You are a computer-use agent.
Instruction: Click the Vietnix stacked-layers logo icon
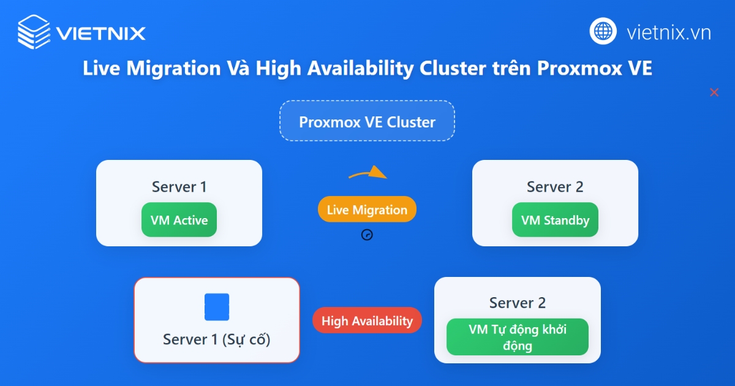[33, 31]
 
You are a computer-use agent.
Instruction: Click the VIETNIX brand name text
[100, 32]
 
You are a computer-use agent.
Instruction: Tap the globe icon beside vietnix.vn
[603, 31]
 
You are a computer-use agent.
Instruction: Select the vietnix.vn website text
[668, 32]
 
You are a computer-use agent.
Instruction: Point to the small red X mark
[714, 93]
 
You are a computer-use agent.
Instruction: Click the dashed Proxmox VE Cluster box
[367, 121]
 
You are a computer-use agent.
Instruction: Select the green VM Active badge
[179, 220]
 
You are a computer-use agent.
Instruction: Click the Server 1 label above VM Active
[179, 187]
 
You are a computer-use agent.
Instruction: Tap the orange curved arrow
[369, 173]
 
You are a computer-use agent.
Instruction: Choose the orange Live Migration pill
[367, 210]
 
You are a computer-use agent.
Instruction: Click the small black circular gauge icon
[367, 235]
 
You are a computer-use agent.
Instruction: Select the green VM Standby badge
[555, 220]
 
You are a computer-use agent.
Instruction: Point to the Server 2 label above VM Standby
[555, 187]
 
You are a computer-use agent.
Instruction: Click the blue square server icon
[217, 307]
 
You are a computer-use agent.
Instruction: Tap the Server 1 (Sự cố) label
[217, 339]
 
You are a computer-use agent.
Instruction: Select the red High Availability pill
[367, 320]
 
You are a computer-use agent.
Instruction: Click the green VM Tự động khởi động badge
[518, 337]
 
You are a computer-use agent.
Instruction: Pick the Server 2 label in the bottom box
[518, 303]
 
